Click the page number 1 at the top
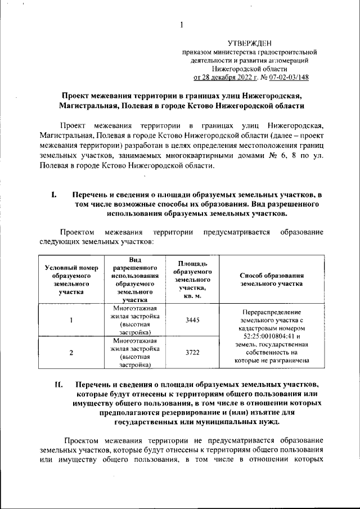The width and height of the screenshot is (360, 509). click(182, 24)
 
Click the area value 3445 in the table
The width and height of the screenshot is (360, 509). click(192, 320)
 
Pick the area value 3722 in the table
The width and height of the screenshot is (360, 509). click(192, 353)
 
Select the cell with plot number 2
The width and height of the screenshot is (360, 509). click(71, 353)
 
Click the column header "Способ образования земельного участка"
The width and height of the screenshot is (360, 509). click(272, 280)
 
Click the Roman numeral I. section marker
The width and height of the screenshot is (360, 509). click(55, 195)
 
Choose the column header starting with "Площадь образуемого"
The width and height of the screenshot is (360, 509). click(192, 280)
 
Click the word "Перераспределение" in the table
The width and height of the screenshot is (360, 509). click(272, 312)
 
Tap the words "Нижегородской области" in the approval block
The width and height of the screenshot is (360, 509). click(249, 69)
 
